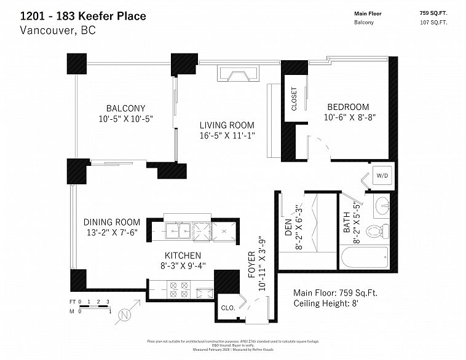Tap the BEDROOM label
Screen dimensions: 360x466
(347, 106)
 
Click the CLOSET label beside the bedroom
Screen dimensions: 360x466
(294, 99)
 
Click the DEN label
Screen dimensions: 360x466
(287, 229)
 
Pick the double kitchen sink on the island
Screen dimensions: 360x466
(178, 230)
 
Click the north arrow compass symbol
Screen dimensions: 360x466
(125, 315)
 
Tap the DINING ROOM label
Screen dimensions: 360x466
(112, 222)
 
